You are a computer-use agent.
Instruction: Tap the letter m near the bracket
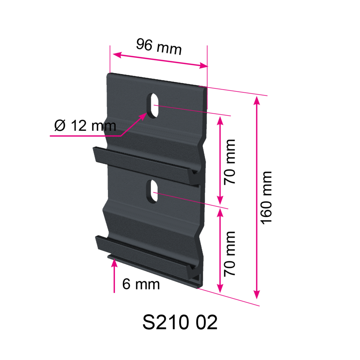pos(110,127)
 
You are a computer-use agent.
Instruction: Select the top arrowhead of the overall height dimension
pos(256,101)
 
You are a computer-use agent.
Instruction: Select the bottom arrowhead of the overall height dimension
pos(256,295)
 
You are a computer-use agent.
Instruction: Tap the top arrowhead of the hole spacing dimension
pos(220,121)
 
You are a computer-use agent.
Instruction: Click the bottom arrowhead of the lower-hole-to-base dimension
pos(220,288)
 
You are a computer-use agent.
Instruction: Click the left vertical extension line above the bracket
pos(109,59)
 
